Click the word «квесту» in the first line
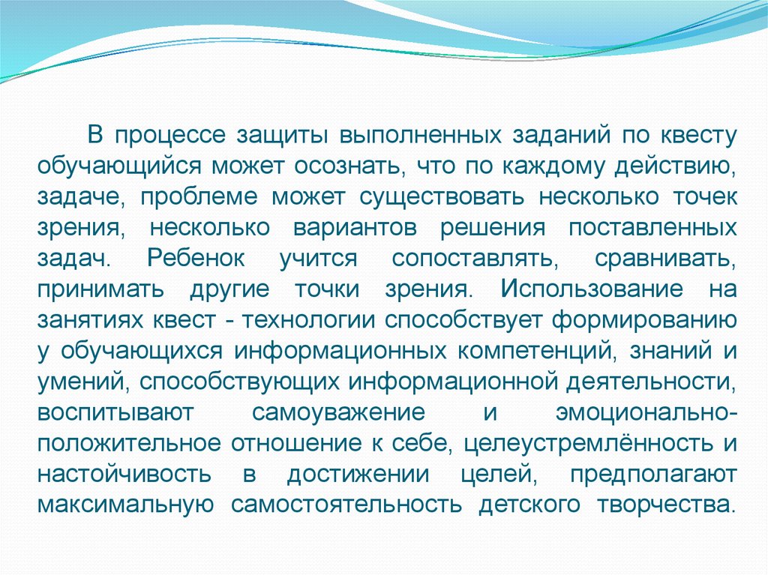click(694, 136)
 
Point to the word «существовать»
click(443, 196)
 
